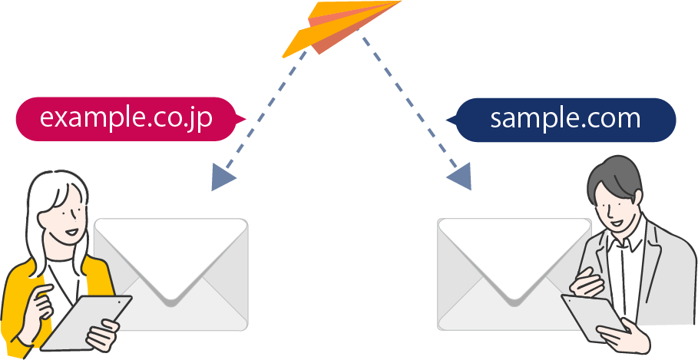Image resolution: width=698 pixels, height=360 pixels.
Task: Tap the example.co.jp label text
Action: [125, 118]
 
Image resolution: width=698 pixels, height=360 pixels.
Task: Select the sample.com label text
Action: [565, 118]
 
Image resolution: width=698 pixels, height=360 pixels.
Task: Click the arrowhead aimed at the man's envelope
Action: [460, 178]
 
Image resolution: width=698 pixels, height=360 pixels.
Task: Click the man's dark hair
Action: [614, 173]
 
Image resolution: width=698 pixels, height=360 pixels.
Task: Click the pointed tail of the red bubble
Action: [239, 119]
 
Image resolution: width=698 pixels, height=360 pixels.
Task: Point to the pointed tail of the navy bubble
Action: [451, 119]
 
